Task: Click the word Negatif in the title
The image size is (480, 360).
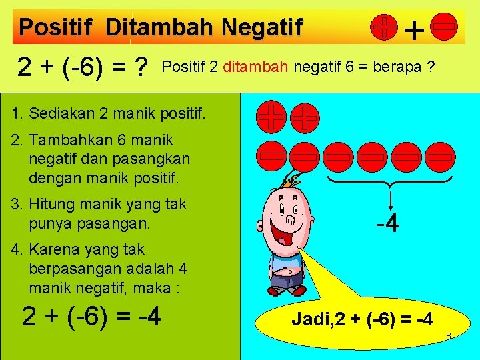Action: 262,27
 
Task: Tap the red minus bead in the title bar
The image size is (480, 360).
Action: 444,26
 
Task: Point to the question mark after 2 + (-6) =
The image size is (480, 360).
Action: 140,67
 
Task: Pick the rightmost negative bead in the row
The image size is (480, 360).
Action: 439,157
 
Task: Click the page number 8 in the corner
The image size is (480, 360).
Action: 449,335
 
